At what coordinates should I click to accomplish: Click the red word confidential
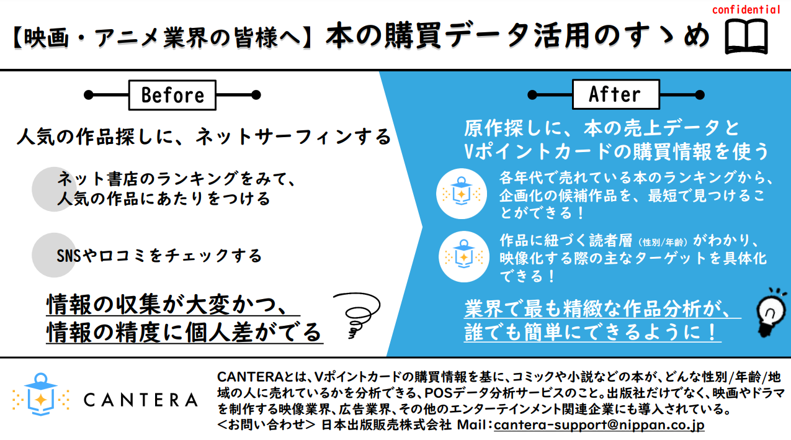coord(746,9)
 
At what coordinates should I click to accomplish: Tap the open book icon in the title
coord(746,37)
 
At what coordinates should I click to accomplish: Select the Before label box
coord(172,95)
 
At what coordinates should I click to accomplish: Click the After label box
coord(616,94)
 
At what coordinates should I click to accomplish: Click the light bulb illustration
coord(771,313)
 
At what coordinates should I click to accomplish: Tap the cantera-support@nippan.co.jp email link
coord(599,424)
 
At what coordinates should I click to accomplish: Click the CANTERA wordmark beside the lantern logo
coord(141,400)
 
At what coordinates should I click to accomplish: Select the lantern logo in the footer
coord(40,394)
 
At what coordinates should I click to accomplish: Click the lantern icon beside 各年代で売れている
coord(461,194)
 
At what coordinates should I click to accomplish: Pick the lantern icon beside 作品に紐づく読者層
coord(463,257)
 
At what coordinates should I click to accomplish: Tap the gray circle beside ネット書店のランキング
coord(54,189)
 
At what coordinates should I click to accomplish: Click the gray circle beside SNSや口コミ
coord(54,255)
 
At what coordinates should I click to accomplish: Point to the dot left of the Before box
coord(88,95)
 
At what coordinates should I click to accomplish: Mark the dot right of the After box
coord(700,95)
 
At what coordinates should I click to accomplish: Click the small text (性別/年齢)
coord(663,242)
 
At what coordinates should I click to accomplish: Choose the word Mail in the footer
coord(472,424)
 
